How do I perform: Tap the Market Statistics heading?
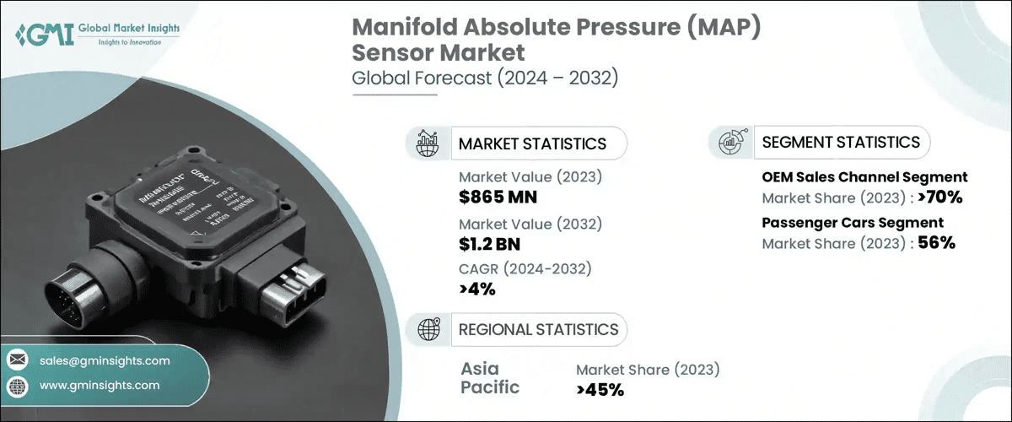pos(532,143)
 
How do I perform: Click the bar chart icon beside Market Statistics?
pos(427,143)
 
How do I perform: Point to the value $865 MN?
pos(498,197)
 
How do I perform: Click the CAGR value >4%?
pos(477,289)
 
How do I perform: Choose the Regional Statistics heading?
pos(538,329)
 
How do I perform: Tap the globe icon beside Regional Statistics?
pos(427,329)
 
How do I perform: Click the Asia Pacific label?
pos(492,378)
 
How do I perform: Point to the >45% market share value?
pos(600,389)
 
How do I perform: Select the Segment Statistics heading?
pos(841,142)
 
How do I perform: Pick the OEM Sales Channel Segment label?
pos(864,177)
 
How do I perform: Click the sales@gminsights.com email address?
pos(105,360)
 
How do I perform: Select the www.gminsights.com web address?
pos(100,385)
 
